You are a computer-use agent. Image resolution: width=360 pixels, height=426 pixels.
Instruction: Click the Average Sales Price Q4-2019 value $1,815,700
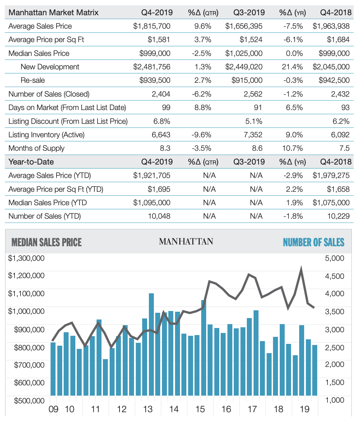(152, 26)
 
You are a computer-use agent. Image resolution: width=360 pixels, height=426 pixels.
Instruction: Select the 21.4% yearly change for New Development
(292, 67)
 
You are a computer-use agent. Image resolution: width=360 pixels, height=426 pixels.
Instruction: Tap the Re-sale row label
(33, 80)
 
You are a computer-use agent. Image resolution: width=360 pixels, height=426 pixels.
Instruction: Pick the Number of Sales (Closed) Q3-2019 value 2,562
(253, 94)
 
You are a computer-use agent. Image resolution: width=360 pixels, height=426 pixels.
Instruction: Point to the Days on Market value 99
(166, 107)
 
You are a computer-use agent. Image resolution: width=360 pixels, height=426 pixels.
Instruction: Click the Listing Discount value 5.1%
(254, 121)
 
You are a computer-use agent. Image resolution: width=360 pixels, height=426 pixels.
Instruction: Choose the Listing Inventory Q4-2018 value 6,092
(340, 134)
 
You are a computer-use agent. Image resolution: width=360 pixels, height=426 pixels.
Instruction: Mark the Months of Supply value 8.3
(165, 148)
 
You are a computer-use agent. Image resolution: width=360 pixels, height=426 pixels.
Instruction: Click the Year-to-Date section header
(31, 162)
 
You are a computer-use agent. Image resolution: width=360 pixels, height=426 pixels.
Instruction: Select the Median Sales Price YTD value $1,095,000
(152, 202)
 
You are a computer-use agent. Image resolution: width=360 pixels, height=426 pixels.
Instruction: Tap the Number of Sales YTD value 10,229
(338, 216)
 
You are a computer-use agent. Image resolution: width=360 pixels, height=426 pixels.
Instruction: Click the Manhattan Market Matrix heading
(53, 13)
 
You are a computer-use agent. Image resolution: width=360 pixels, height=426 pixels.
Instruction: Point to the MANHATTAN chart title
(186, 241)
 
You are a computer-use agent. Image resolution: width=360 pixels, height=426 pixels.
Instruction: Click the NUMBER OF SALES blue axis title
(313, 242)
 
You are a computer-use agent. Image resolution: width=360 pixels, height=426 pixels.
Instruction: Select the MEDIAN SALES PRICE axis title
(47, 242)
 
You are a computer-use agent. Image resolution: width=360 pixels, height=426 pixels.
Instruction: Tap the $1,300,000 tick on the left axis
(26, 258)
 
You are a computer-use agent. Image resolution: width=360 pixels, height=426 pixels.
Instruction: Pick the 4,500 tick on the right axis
(335, 276)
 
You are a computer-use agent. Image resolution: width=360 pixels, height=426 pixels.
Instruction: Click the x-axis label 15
(200, 409)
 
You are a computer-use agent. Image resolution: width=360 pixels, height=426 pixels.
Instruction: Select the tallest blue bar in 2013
(151, 344)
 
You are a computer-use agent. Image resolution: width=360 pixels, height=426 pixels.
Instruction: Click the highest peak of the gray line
(301, 268)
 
